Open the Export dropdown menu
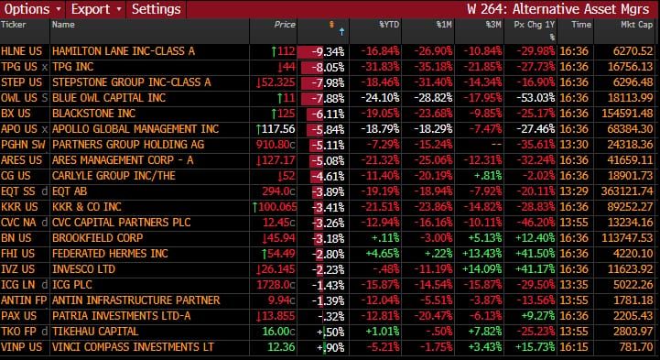(x=93, y=9)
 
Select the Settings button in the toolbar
(x=156, y=9)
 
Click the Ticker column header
(x=16, y=25)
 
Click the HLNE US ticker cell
(x=18, y=50)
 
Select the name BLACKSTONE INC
(x=94, y=114)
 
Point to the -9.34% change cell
(x=329, y=50)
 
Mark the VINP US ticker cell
(x=18, y=347)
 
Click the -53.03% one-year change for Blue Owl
(x=542, y=98)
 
